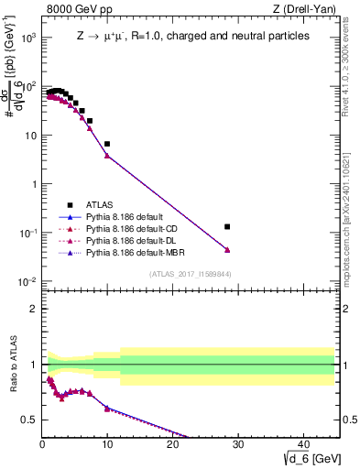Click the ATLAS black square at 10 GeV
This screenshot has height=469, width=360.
pyautogui.click(x=107, y=144)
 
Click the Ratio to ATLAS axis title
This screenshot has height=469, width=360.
pyautogui.click(x=12, y=365)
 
